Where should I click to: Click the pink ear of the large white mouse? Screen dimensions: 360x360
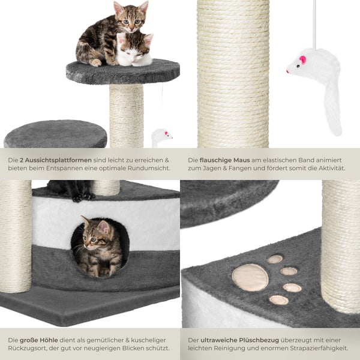pos(302,60)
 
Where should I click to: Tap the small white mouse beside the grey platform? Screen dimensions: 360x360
pos(160,137)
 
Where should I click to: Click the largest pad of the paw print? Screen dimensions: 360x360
pos(250,277)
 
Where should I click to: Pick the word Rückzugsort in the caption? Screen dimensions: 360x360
pos(31,348)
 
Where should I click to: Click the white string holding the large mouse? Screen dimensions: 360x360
pos(314,24)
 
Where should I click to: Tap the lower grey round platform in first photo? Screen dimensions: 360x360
pos(55,135)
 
